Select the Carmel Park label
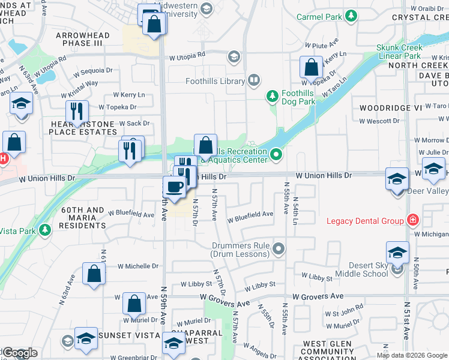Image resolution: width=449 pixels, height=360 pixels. (x=319, y=17)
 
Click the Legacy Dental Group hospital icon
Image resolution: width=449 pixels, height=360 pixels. (x=412, y=220)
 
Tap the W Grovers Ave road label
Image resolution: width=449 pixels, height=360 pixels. (x=318, y=296)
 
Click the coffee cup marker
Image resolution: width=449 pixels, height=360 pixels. (x=175, y=187)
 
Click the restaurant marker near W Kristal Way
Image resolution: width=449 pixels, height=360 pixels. (x=77, y=111)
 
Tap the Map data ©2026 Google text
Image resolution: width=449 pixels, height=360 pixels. (x=412, y=355)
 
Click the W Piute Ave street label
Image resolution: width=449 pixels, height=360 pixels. (x=322, y=44)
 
